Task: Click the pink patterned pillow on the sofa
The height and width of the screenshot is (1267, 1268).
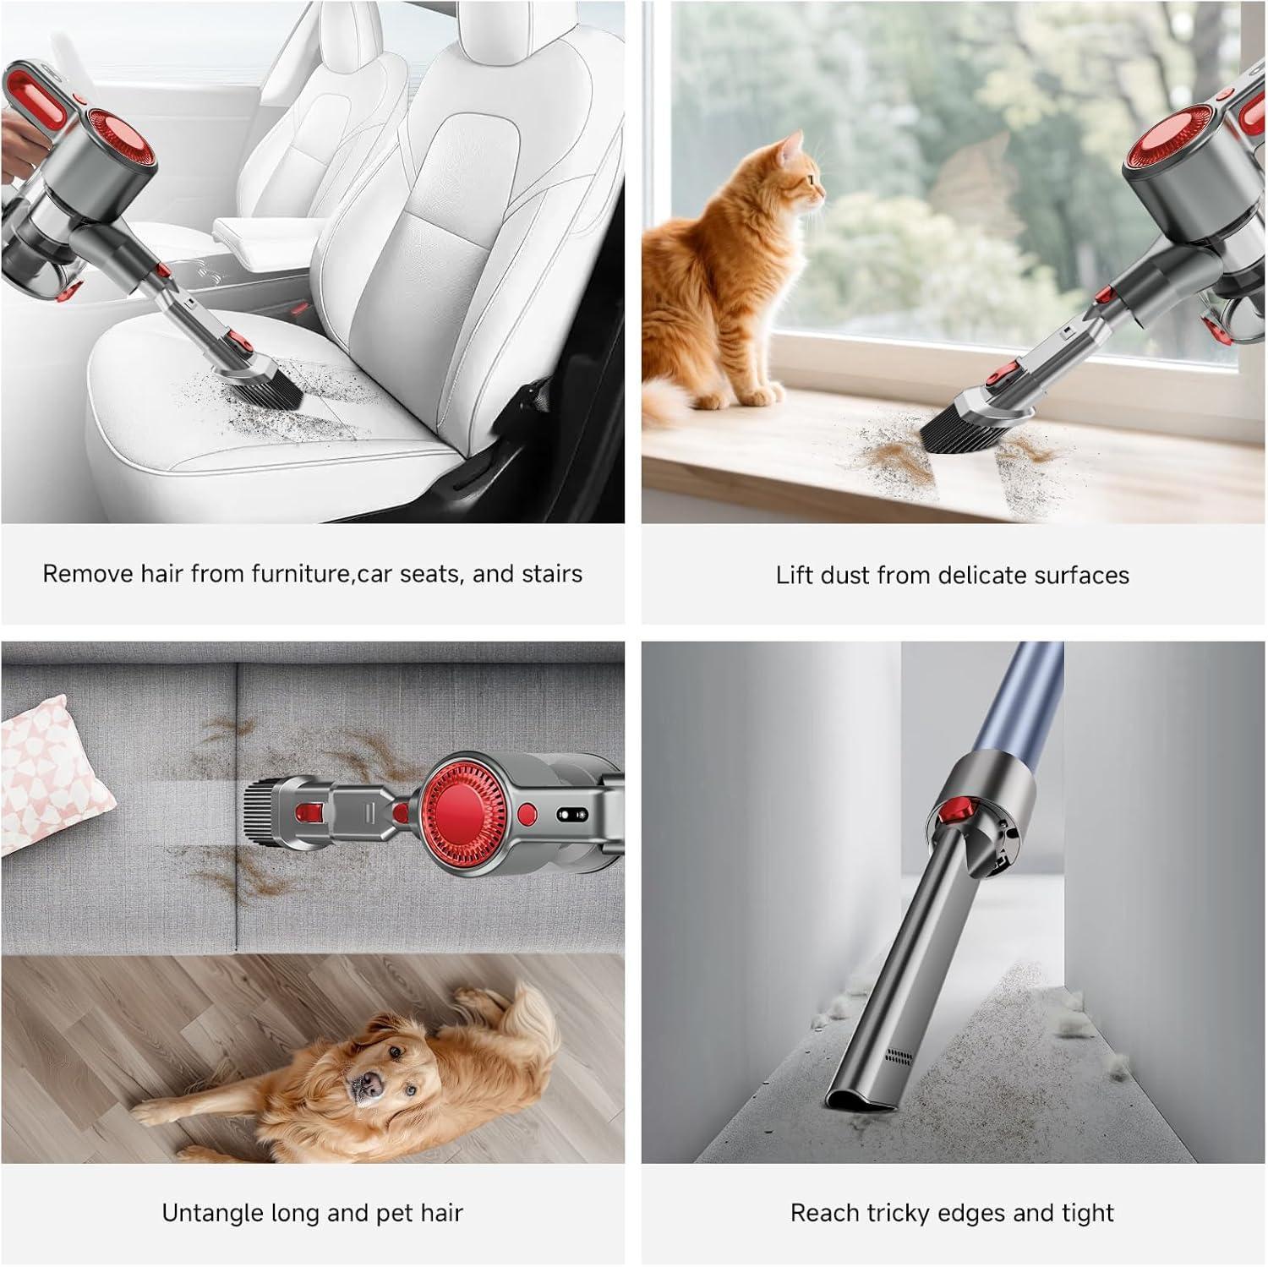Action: (x=51, y=771)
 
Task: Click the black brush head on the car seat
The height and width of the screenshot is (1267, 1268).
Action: (x=274, y=386)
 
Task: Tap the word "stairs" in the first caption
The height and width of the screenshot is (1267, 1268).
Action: (x=551, y=574)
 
